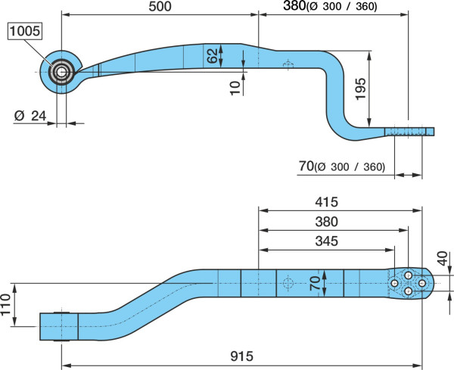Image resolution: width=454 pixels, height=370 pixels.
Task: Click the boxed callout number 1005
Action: click(x=25, y=31)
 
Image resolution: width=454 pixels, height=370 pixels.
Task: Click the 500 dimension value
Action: click(x=160, y=6)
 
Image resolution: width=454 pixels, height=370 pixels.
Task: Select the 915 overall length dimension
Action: click(x=242, y=356)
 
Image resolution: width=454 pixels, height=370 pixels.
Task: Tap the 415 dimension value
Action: click(x=326, y=202)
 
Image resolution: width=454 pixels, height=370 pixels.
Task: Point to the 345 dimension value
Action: click(x=326, y=241)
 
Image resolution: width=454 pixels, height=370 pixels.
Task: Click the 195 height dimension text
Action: click(x=361, y=89)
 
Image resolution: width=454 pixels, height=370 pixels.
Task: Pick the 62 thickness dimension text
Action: click(x=212, y=55)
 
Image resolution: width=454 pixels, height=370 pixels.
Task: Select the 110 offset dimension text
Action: click(x=5, y=305)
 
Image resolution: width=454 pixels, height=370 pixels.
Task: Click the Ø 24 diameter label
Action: click(x=30, y=116)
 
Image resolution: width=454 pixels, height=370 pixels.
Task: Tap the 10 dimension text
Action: click(x=235, y=88)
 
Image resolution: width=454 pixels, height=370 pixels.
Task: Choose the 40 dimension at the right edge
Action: click(x=443, y=259)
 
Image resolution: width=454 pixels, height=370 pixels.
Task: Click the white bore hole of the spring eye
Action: click(x=61, y=72)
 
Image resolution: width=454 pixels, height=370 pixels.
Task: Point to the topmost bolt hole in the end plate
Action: click(x=409, y=275)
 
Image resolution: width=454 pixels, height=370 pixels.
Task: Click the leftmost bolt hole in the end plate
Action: click(x=394, y=283)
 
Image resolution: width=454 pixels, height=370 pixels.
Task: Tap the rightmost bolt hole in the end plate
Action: click(x=422, y=283)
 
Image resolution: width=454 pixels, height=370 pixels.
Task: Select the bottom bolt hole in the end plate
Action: click(x=409, y=291)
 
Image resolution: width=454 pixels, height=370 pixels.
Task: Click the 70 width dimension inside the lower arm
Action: click(x=315, y=283)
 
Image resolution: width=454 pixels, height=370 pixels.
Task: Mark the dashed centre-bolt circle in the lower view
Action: click(x=288, y=283)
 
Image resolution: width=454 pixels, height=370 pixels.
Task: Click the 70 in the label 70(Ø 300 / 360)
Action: click(x=306, y=166)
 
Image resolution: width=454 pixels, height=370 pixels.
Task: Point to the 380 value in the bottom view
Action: click(x=326, y=222)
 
